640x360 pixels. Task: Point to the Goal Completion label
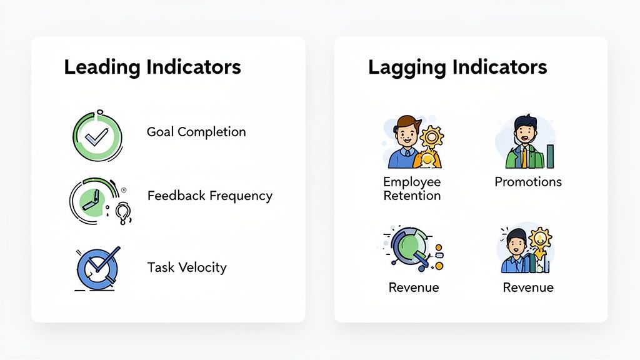pos(196,132)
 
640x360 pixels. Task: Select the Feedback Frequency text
pos(209,196)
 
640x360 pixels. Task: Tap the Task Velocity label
pos(186,267)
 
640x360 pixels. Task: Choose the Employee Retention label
pos(412,189)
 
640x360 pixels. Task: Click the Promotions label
pos(528,182)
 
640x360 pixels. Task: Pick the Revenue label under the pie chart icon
pos(414,287)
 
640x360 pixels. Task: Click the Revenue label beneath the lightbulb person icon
pos(528,287)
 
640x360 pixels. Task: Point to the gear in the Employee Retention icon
pos(431,136)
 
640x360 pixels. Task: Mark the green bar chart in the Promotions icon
pos(550,156)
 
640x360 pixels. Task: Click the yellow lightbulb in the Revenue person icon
pos(538,239)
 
